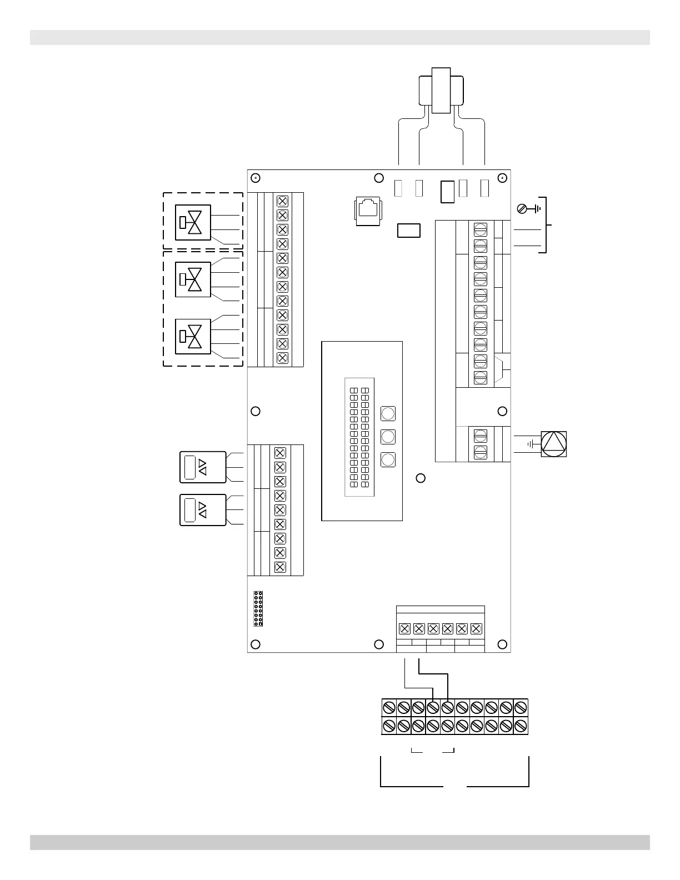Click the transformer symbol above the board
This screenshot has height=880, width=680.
[x=441, y=90]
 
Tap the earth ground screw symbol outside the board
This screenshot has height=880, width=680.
[x=522, y=209]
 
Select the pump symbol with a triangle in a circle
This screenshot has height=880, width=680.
[x=553, y=444]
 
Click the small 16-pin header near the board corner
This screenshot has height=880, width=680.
[x=258, y=609]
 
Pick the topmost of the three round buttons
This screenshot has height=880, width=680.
[x=388, y=413]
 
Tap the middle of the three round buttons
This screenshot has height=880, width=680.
[x=388, y=436]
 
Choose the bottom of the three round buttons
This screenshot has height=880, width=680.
[x=388, y=459]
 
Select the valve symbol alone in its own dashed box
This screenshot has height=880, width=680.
[x=193, y=222]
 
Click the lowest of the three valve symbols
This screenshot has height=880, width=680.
[x=193, y=337]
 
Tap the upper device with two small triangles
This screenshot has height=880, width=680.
[x=203, y=467]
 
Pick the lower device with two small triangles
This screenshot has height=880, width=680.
[x=203, y=510]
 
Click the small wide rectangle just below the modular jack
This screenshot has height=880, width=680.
[x=409, y=230]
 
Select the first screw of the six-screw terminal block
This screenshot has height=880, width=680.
[x=405, y=629]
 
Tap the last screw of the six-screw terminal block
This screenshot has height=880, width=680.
[x=476, y=629]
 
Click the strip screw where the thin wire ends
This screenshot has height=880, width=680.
[x=433, y=708]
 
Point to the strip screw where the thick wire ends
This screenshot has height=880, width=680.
[x=448, y=708]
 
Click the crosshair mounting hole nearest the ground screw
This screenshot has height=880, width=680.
[x=502, y=178]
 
